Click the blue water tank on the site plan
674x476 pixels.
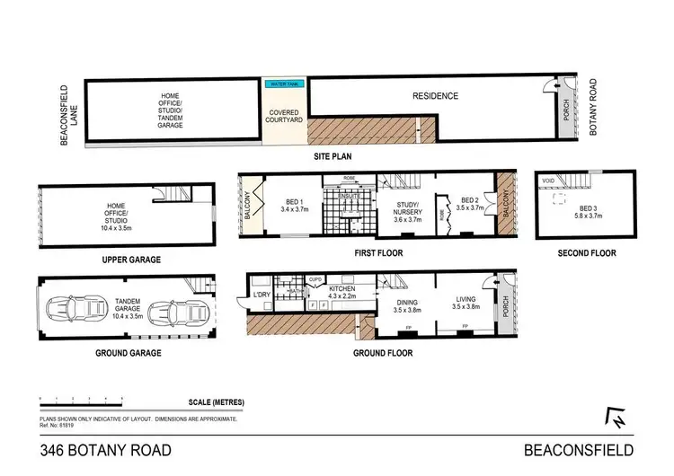pyautogui.click(x=284, y=84)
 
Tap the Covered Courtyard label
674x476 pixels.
pyautogui.click(x=284, y=118)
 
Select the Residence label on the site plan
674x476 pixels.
pyautogui.click(x=435, y=96)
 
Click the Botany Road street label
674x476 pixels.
pyautogui.click(x=592, y=107)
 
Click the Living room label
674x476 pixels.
pyautogui.click(x=465, y=309)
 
